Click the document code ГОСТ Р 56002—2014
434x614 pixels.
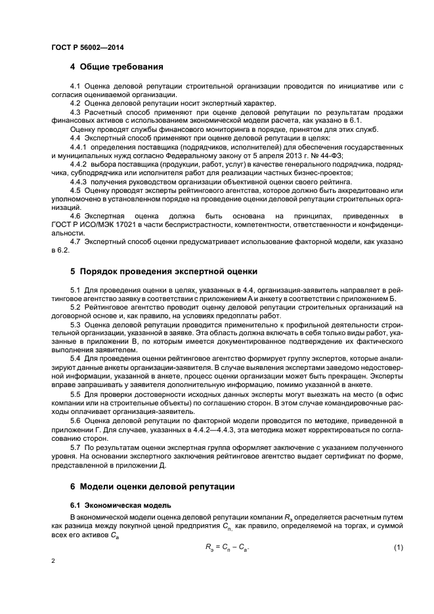tap(87, 47)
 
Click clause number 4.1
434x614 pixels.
tap(76, 87)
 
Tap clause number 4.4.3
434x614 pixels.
tap(79, 181)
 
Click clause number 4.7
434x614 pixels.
tap(76, 241)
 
